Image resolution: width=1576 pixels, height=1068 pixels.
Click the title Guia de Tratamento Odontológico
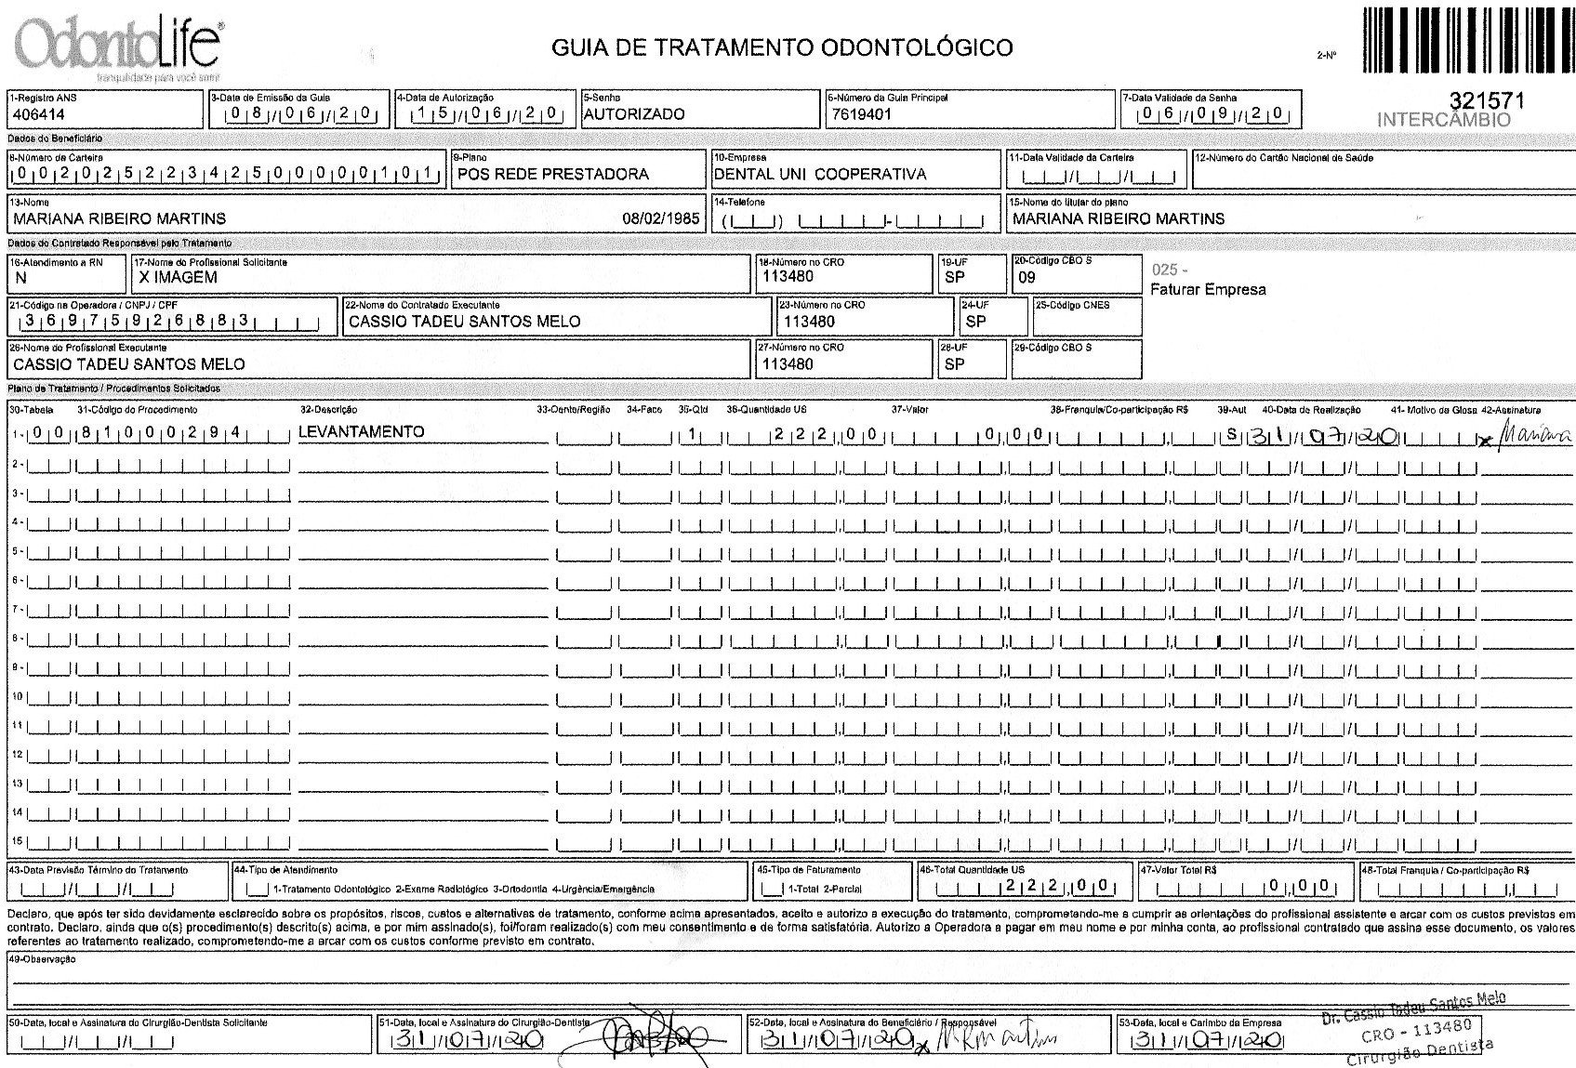click(782, 46)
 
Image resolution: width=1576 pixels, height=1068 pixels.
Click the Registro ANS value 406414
click(38, 114)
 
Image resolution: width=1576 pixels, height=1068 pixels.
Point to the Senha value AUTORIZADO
click(633, 114)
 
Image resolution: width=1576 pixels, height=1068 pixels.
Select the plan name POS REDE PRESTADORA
click(552, 174)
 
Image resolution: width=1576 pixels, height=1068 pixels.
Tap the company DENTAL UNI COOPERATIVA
click(819, 174)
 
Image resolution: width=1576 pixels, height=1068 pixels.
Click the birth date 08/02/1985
click(660, 218)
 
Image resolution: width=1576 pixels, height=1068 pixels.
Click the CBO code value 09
click(1026, 277)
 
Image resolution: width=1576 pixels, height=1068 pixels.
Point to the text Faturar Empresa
click(1208, 289)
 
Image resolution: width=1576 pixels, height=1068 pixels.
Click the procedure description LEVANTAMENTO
click(361, 431)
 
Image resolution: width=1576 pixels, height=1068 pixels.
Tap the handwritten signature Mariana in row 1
click(1527, 435)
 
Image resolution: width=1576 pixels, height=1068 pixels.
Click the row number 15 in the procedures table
click(16, 842)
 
